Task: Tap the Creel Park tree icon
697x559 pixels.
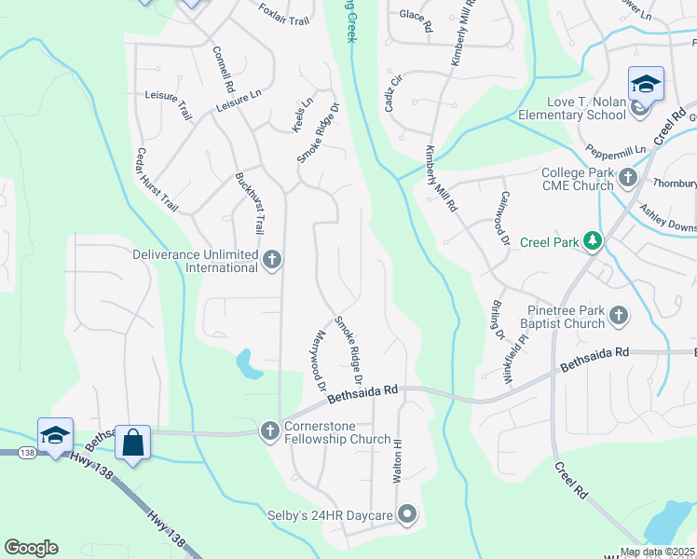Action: click(x=591, y=242)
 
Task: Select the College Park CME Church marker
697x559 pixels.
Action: click(x=628, y=176)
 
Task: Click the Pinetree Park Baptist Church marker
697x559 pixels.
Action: click(x=619, y=317)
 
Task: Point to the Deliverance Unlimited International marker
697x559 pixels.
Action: click(x=272, y=260)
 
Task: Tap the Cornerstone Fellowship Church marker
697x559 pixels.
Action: click(x=269, y=430)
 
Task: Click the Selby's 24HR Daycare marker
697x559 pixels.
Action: click(x=406, y=513)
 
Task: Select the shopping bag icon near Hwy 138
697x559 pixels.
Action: click(x=133, y=442)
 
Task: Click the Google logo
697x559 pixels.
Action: click(x=31, y=548)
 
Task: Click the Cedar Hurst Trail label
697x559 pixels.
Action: click(x=156, y=178)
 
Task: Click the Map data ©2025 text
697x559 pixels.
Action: click(x=657, y=552)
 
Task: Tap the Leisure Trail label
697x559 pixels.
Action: click(x=168, y=102)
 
